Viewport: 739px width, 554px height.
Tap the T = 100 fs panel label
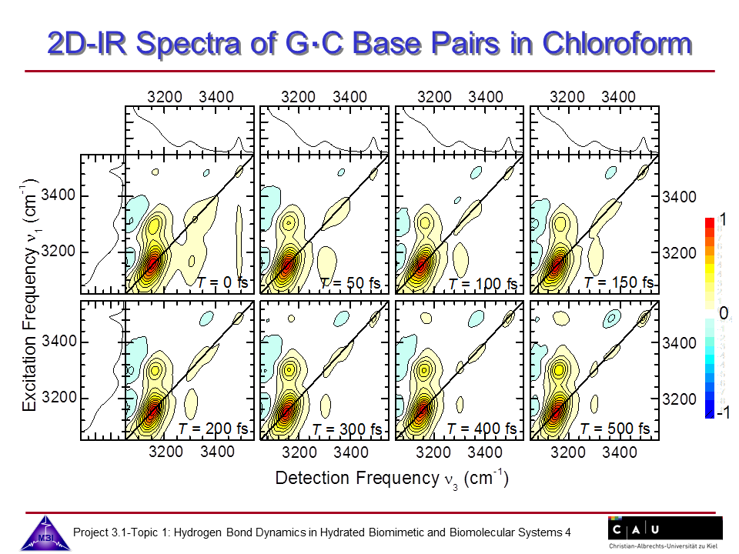click(x=486, y=283)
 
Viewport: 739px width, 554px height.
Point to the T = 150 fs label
click(x=620, y=282)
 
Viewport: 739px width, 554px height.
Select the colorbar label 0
click(x=722, y=313)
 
